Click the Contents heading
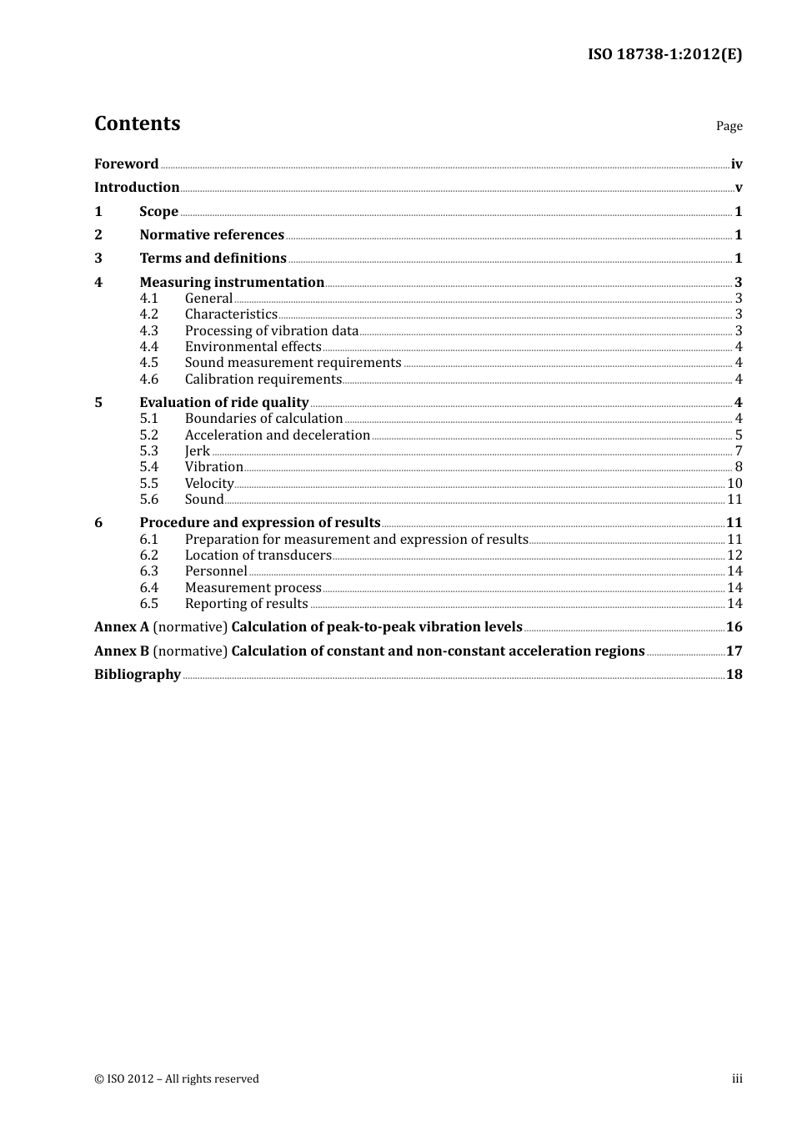[137, 123]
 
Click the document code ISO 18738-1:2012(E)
[664, 54]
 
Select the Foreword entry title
[126, 164]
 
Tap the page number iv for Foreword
[736, 164]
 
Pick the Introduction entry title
[137, 188]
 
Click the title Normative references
[212, 235]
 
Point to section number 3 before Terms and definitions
[98, 259]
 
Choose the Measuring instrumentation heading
[232, 283]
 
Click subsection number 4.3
[148, 331]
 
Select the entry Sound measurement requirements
[293, 363]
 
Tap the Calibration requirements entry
[263, 380]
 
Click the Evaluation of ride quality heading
[224, 403]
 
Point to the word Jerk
[198, 451]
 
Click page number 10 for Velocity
[734, 484]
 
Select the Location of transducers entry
[258, 555]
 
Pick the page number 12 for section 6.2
[734, 555]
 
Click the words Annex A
[122, 627]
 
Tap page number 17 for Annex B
[734, 651]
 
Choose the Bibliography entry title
[138, 675]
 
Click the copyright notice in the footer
[177, 1079]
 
